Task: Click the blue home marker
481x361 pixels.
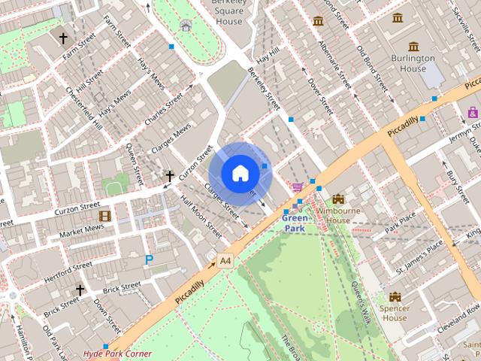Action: point(240,174)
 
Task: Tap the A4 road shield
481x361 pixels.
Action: point(225,261)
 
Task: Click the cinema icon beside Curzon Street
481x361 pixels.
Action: point(104,216)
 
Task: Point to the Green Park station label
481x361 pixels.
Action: point(294,223)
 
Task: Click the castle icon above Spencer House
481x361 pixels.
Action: point(395,296)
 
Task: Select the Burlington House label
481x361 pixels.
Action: point(413,63)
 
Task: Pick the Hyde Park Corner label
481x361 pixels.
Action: point(117,353)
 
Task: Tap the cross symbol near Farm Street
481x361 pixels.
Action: point(63,38)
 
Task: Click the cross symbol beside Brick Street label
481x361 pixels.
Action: point(80,290)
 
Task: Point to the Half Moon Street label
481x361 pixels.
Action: point(201,217)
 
